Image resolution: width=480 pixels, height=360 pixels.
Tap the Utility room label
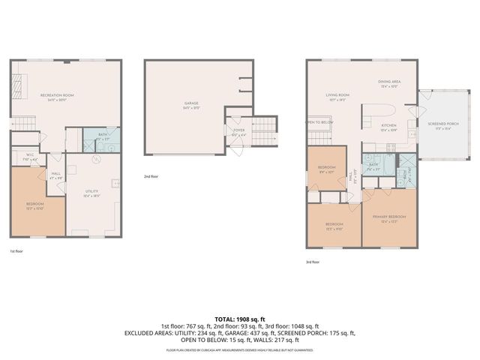[91, 194]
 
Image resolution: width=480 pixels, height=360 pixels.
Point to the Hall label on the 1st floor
[56, 176]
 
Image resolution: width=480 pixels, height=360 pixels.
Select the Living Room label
[337, 96]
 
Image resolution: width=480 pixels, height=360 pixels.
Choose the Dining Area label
[389, 85]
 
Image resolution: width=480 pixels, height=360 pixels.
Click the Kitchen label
[388, 127]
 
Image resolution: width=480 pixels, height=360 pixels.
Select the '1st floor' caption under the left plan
[17, 251]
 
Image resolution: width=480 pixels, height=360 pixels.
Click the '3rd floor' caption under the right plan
[313, 262]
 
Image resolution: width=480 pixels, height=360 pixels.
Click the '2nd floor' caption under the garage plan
[151, 176]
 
